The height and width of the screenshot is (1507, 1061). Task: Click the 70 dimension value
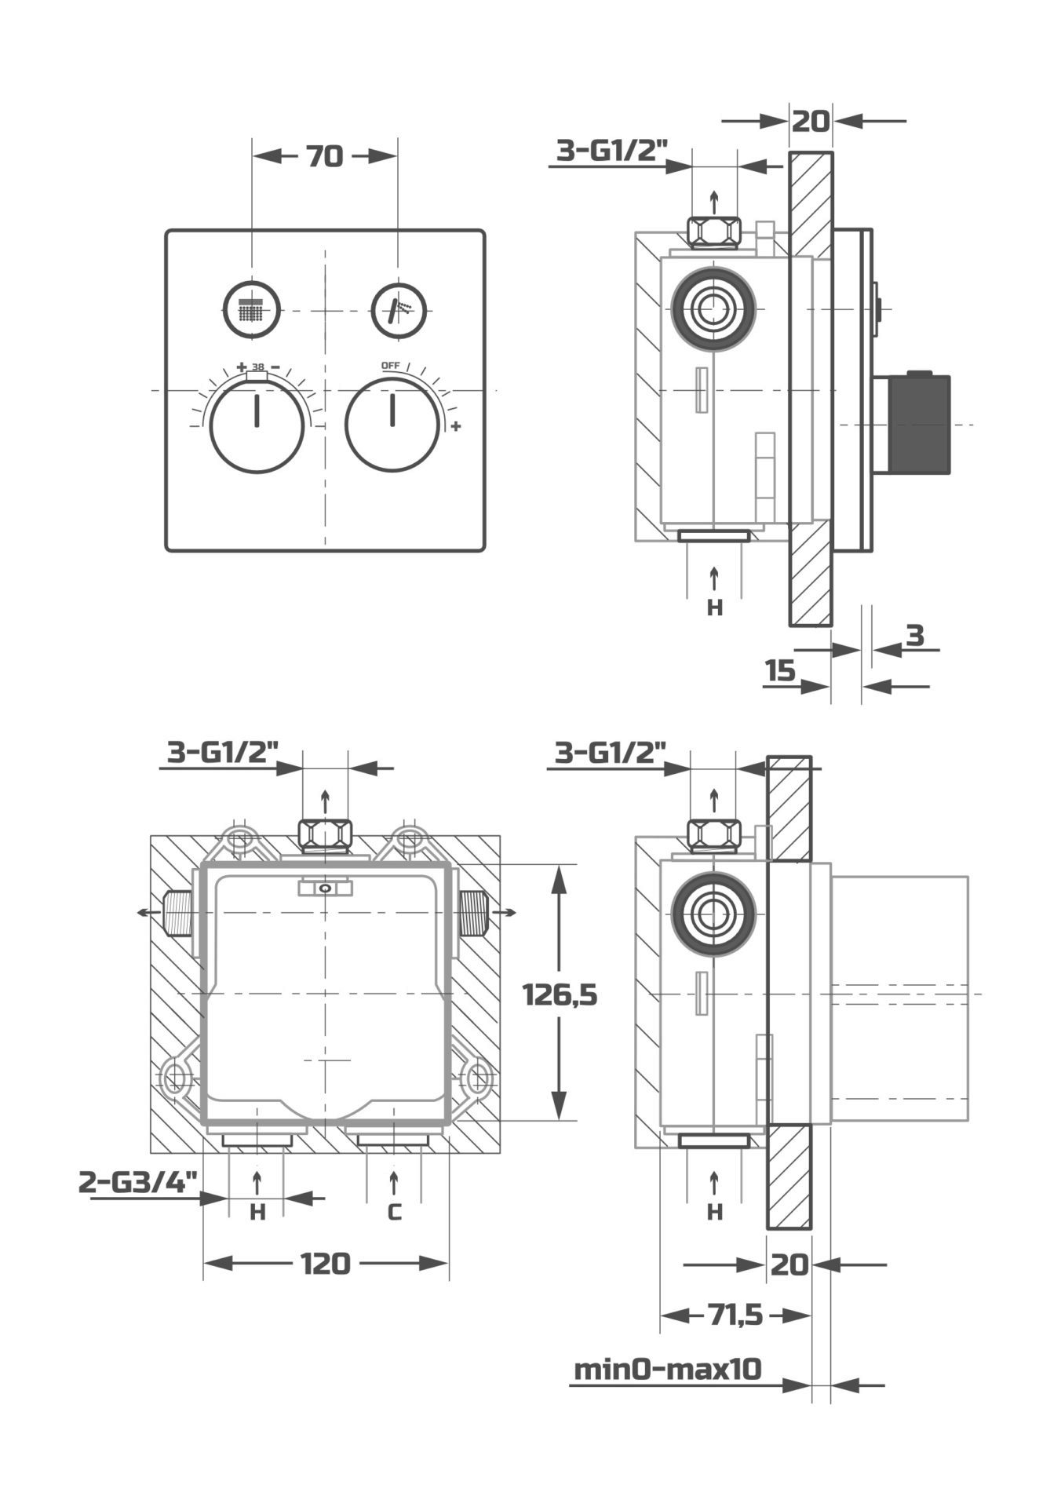(324, 157)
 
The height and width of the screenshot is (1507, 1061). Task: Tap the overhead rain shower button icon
(252, 309)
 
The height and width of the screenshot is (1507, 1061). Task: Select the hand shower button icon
(399, 309)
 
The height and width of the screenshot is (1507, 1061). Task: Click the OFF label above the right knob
(390, 366)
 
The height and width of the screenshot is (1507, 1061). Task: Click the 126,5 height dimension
(560, 995)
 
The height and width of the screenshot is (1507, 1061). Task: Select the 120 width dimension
(326, 1264)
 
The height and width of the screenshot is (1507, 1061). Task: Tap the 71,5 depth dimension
(735, 1315)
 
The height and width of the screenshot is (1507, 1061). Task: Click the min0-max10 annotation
(668, 1370)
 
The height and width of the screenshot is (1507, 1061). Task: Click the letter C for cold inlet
(394, 1213)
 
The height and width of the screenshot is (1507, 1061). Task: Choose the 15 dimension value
(780, 671)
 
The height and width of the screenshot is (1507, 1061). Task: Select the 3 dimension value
(915, 635)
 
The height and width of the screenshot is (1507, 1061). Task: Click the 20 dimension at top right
(811, 121)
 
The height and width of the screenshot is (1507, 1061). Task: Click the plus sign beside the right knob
(456, 426)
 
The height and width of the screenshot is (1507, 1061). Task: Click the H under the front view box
(257, 1213)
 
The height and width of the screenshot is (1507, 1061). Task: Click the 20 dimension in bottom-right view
(789, 1264)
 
